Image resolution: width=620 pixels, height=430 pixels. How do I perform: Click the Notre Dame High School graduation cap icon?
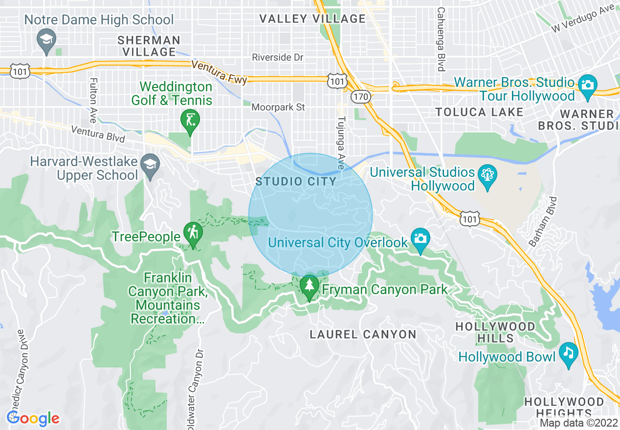(x=47, y=39)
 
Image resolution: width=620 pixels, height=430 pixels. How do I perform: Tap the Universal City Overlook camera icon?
(x=420, y=238)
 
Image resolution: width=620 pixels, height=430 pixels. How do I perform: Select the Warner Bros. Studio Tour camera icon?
(x=587, y=84)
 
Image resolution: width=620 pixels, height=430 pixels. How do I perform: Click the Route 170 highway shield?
(x=360, y=97)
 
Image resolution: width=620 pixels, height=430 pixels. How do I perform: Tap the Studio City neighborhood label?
(x=296, y=182)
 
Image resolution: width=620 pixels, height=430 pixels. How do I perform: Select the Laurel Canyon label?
(x=363, y=335)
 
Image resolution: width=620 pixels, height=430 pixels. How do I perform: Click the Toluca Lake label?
(x=479, y=112)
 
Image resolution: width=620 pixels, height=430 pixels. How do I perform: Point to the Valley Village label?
(x=312, y=19)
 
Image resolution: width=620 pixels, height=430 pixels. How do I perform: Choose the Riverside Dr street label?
(x=277, y=58)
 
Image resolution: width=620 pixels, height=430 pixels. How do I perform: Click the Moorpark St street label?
(x=278, y=107)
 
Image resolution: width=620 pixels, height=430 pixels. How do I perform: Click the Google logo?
(x=33, y=419)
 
